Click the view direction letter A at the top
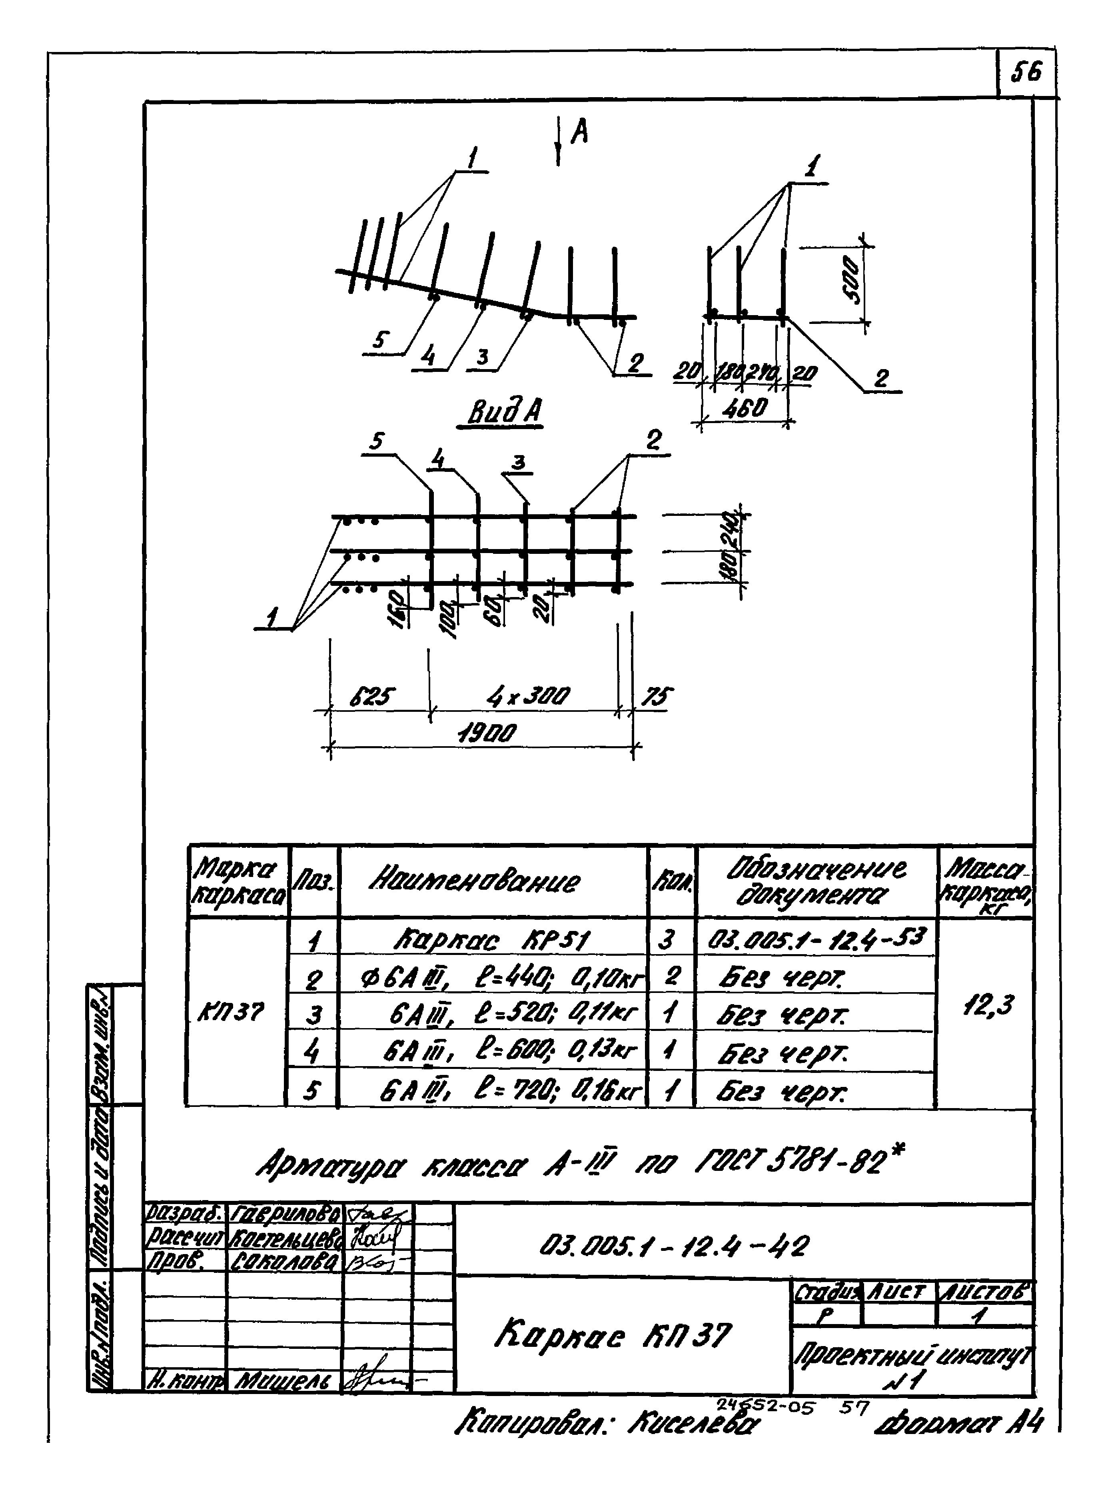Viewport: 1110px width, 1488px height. coord(579,134)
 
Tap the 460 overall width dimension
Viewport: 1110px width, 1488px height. coord(746,408)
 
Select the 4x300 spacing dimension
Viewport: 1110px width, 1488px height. coord(528,696)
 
